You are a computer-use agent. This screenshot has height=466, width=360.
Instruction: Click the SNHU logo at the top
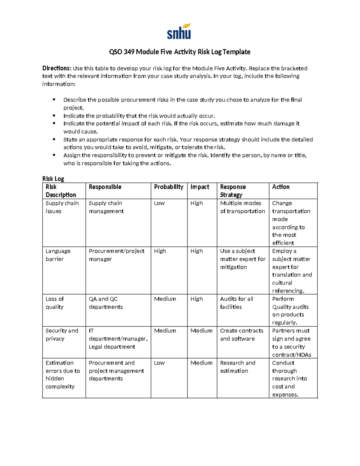click(179, 32)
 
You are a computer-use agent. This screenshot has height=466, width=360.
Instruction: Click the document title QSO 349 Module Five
click(179, 52)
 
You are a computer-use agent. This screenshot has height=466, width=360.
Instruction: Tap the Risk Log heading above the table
click(53, 179)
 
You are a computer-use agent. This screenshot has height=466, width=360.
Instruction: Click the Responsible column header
click(105, 187)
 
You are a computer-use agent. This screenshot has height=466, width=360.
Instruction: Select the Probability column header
click(169, 187)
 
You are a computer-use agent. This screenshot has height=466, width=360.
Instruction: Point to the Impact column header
click(200, 187)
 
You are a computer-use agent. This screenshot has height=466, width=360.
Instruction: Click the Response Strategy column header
click(233, 191)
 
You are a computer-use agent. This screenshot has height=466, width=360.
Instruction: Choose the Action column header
click(281, 187)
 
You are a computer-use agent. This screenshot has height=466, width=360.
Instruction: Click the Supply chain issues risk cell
click(62, 207)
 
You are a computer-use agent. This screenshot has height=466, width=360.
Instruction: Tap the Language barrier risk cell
click(58, 255)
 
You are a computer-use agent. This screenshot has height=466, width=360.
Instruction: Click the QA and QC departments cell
click(106, 303)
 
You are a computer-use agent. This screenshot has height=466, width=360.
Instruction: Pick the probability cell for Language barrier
click(160, 251)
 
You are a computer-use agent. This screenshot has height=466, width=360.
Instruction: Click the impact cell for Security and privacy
click(201, 331)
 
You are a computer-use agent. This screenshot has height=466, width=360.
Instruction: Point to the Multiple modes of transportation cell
click(242, 207)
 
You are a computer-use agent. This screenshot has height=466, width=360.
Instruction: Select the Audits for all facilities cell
click(236, 303)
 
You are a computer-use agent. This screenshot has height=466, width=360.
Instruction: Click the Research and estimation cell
click(238, 367)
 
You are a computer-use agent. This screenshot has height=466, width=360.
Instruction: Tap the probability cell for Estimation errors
click(159, 363)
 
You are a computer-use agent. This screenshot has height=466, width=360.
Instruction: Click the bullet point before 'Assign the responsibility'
click(54, 155)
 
